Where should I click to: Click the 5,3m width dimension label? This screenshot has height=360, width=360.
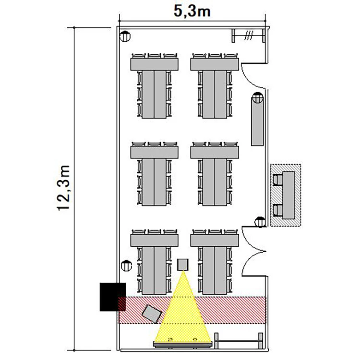(x=192, y=11)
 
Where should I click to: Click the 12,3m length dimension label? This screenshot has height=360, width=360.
(x=63, y=188)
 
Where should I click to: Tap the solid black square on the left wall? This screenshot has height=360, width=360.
(x=113, y=297)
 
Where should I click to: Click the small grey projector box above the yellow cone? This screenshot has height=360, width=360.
(x=183, y=264)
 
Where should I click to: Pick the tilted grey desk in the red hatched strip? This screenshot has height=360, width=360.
(x=152, y=313)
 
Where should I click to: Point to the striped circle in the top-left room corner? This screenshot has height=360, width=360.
(x=125, y=36)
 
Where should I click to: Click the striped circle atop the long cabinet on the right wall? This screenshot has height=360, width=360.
(x=258, y=97)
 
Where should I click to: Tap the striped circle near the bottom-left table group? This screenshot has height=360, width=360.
(x=126, y=266)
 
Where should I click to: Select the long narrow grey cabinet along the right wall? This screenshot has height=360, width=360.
(x=257, y=121)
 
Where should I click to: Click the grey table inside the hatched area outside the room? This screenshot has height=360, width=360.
(x=288, y=195)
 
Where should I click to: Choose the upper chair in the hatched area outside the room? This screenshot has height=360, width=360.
(x=278, y=180)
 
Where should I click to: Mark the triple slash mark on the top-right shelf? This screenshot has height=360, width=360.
(x=249, y=36)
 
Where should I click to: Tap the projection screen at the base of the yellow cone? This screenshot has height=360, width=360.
(x=183, y=345)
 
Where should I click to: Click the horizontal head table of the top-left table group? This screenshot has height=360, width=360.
(x=155, y=64)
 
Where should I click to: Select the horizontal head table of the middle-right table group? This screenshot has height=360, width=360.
(x=215, y=153)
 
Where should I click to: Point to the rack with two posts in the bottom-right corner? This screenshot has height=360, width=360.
(x=239, y=341)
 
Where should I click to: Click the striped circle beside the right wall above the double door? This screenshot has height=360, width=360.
(x=260, y=222)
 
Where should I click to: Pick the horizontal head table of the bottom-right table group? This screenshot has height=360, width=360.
(x=215, y=240)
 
